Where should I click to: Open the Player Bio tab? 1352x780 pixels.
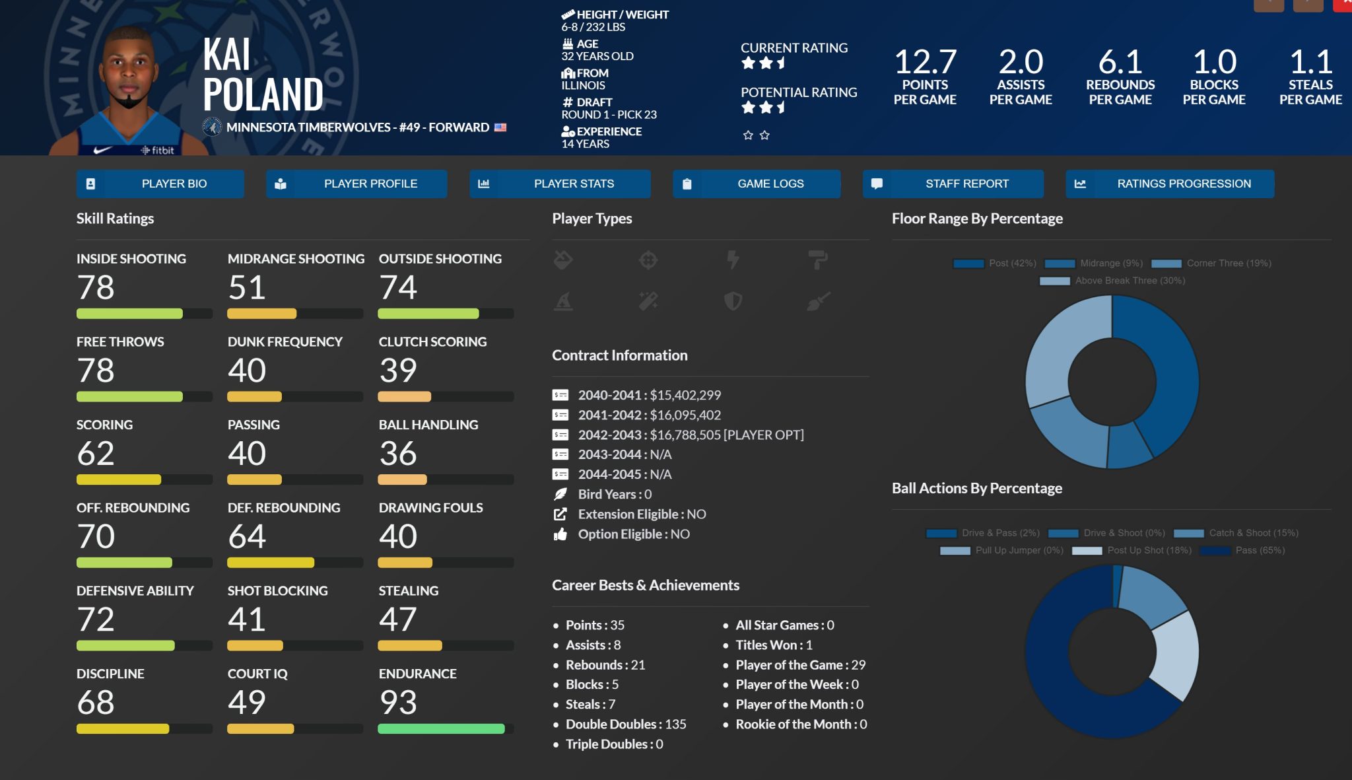[160, 184]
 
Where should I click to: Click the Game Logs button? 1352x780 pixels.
[757, 184]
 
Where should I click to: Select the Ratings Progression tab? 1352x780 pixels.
[1170, 184]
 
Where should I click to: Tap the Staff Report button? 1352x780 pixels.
[953, 184]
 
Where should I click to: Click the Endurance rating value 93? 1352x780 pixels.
[398, 702]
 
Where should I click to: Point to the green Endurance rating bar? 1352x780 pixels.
[441, 728]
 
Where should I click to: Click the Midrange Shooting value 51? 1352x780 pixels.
[247, 287]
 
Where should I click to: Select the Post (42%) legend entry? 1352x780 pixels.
[996, 263]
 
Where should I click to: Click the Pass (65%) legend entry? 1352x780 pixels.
[1243, 550]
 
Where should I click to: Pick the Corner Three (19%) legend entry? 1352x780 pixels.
[1212, 263]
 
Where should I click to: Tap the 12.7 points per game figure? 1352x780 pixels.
[925, 62]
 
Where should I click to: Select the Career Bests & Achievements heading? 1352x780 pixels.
[646, 585]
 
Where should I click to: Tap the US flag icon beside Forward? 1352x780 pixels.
[500, 127]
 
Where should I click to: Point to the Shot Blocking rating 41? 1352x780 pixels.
[247, 619]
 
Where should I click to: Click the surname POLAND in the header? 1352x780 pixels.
[263, 94]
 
